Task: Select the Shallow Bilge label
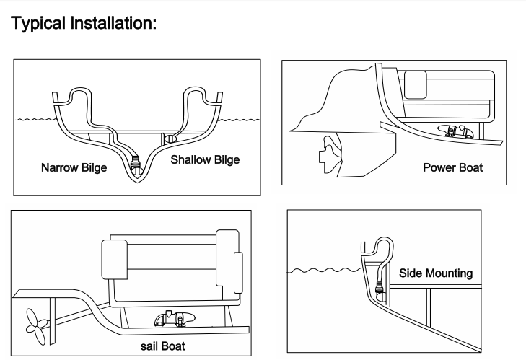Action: click(205, 159)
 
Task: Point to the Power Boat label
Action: click(452, 168)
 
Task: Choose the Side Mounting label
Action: click(436, 273)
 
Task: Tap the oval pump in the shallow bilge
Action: click(171, 138)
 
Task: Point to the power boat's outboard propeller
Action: click(328, 156)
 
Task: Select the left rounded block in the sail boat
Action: click(114, 258)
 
